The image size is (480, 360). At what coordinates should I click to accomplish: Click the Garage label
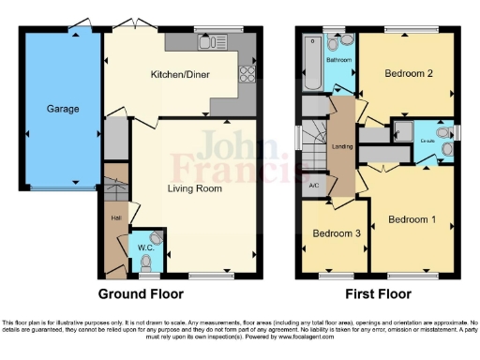click(63, 109)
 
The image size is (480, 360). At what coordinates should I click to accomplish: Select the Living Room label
click(194, 188)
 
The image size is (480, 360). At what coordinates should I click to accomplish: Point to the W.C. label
click(144, 248)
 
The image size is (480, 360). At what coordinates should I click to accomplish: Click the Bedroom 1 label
click(412, 219)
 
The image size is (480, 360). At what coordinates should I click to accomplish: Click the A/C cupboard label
click(312, 185)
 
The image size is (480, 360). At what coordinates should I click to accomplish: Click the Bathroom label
click(338, 59)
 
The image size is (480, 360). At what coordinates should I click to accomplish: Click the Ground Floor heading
click(142, 293)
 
